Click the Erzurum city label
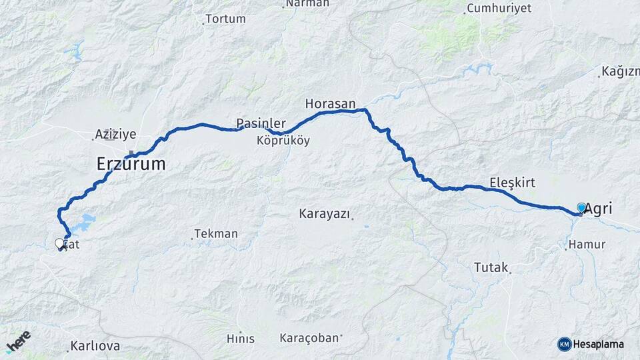[131, 164]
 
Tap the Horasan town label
[327, 104]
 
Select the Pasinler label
[261, 123]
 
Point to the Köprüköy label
[283, 141]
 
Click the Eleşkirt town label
[512, 182]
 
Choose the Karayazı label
[325, 214]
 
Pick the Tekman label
[216, 234]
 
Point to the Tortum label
[225, 19]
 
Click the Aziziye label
[115, 134]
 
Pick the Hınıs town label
[240, 339]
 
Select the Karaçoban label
[309, 338]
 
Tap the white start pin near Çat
[59, 244]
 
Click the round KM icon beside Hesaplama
[564, 344]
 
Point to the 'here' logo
[18, 341]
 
